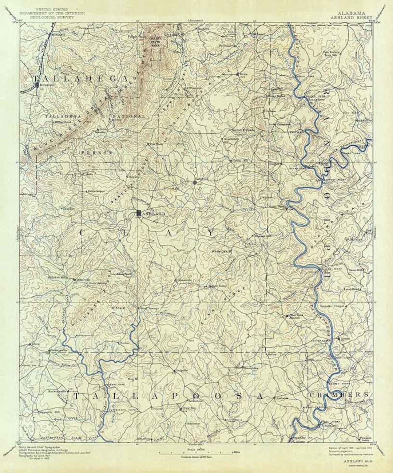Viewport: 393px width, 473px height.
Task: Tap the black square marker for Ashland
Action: pyautogui.click(x=139, y=213)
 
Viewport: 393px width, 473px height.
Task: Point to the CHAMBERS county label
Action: pyautogui.click(x=338, y=395)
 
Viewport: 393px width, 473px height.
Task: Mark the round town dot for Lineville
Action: pyautogui.click(x=195, y=182)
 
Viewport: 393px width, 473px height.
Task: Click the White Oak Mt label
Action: pyautogui.click(x=222, y=251)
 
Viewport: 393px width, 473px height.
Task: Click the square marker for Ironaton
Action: pyautogui.click(x=36, y=85)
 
